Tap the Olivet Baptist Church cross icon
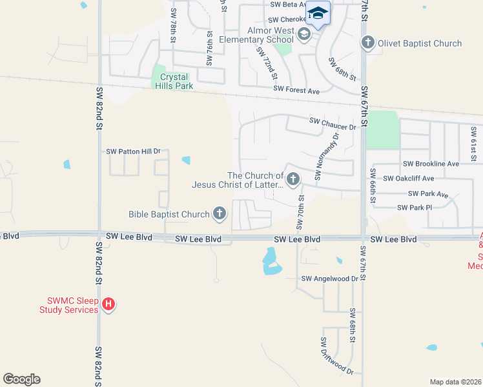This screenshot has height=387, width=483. click(x=368, y=43)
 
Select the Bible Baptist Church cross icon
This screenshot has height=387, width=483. click(x=220, y=214)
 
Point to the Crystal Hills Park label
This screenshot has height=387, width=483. click(x=176, y=81)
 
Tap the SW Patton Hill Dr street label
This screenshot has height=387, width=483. click(x=133, y=151)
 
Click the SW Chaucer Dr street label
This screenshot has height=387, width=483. click(x=333, y=121)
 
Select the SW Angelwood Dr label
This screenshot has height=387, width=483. click(x=329, y=279)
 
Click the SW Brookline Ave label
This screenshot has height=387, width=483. click(x=431, y=164)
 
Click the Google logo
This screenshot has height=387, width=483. click(x=21, y=379)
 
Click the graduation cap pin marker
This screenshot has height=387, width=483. click(x=318, y=13)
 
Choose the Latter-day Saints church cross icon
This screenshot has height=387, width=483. click(x=293, y=179)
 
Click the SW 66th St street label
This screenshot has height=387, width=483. click(x=373, y=185)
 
